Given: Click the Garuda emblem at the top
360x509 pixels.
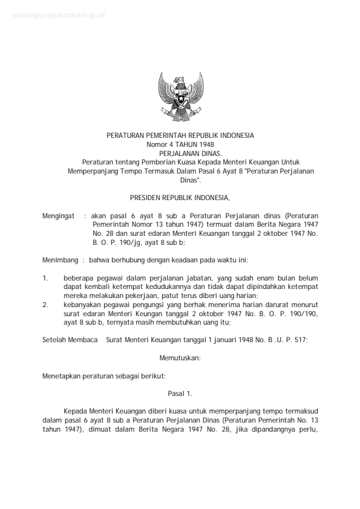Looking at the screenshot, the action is pyautogui.click(x=180, y=96).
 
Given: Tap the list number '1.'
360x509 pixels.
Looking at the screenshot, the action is pyautogui.click(x=45, y=278).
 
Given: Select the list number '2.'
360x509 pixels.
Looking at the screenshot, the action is pyautogui.click(x=45, y=305).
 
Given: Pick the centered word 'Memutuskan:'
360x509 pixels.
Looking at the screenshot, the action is pyautogui.click(x=180, y=358).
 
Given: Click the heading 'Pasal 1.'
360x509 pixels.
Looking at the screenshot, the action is pyautogui.click(x=180, y=394).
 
